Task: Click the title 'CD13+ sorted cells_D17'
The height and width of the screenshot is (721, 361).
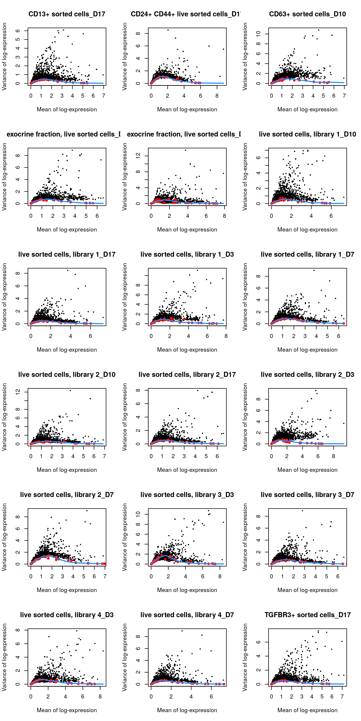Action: tap(67, 14)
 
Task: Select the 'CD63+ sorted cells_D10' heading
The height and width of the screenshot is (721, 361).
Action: tap(307, 14)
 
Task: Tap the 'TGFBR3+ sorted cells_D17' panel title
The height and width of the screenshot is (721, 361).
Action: tap(307, 615)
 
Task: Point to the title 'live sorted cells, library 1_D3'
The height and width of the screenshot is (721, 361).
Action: tap(187, 255)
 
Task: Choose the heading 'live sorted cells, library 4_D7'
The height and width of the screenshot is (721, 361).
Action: tap(187, 615)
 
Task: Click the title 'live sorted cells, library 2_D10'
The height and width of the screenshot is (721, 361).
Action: tap(67, 374)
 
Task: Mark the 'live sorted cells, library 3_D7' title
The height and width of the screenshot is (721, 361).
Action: tap(307, 495)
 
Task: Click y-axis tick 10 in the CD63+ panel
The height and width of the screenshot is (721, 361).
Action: tap(258, 34)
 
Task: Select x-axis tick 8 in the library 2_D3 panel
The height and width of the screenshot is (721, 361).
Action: tap(333, 456)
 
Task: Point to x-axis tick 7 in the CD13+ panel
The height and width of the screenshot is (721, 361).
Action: tap(103, 96)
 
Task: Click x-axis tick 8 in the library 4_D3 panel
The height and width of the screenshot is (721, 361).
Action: tap(100, 696)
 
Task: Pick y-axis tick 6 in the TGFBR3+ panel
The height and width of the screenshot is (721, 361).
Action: tap(258, 642)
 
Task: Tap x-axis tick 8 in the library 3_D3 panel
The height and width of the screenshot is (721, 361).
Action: tap(220, 576)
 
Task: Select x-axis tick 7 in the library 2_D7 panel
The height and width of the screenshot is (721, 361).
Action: tap(105, 576)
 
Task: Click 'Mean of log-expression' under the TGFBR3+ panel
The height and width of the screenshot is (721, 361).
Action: tap(307, 710)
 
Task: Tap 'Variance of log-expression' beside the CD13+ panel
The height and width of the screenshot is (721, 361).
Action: tap(4, 57)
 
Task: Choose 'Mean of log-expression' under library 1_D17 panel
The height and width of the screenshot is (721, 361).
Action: tap(67, 350)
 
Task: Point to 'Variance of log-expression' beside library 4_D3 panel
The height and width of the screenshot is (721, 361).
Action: tap(4, 657)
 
